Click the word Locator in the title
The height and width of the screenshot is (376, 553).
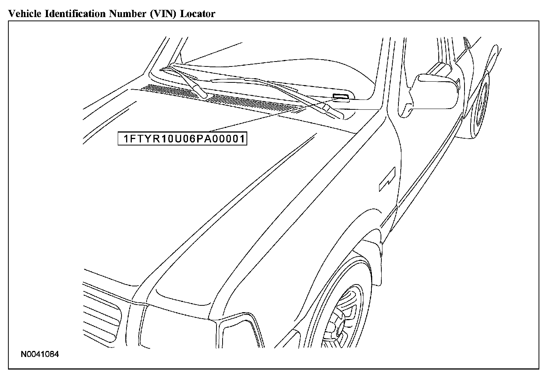click(197, 14)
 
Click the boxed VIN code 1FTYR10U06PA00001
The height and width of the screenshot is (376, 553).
click(182, 139)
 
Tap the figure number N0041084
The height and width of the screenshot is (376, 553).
click(40, 355)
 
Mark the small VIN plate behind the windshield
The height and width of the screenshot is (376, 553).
click(341, 96)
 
